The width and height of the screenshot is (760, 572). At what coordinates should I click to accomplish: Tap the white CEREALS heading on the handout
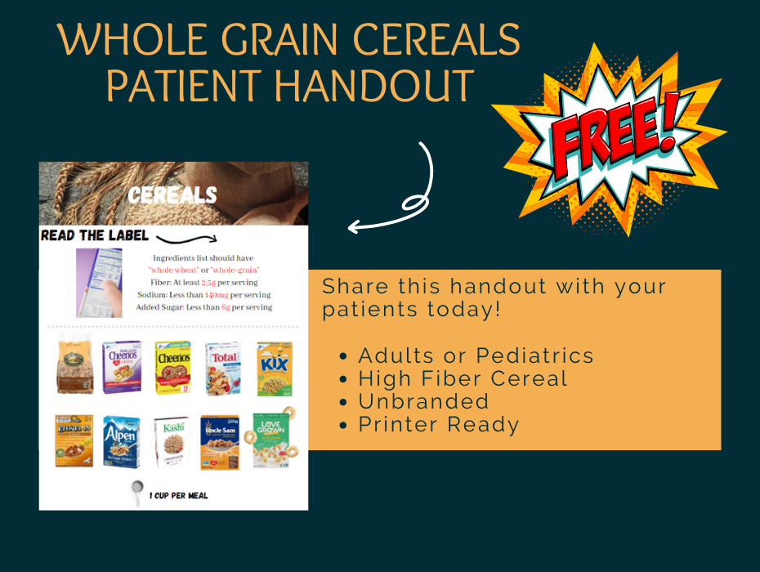172,194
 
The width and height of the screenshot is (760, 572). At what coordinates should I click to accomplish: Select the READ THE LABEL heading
95,236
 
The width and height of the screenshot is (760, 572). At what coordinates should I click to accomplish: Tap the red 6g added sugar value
225,307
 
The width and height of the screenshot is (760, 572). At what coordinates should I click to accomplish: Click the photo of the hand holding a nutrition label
99,283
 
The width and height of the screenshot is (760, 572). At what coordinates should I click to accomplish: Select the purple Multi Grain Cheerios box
121,368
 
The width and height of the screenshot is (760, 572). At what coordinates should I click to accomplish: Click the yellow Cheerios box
172,368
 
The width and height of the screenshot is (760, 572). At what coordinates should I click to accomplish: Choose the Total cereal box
223,368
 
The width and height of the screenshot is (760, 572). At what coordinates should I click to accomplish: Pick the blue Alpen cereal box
121,441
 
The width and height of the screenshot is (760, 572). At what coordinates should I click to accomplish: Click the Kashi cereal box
172,442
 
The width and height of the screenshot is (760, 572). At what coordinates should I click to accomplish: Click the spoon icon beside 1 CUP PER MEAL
137,493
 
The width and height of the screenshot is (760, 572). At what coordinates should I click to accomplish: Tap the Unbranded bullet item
423,401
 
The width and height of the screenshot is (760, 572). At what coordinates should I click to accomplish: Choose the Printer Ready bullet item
438,424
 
